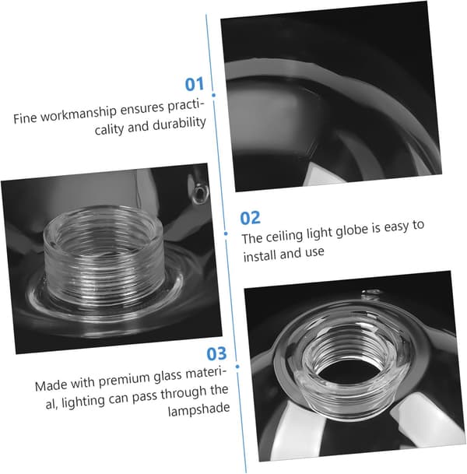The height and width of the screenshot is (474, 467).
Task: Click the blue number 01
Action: click(195, 84)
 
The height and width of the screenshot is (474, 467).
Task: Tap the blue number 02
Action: click(250, 218)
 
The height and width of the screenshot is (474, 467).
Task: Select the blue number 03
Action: click(216, 353)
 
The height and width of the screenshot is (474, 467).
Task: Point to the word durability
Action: click(179, 125)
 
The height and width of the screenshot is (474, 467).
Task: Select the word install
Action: click(260, 256)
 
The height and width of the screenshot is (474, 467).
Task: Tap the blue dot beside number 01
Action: click(214, 95)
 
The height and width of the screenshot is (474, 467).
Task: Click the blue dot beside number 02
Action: click(226, 233)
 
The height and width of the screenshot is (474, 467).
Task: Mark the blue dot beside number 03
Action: click(237, 367)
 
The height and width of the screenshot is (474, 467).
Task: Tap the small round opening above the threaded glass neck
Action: click(200, 191)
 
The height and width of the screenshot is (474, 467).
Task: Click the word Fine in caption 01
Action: click(25, 118)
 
